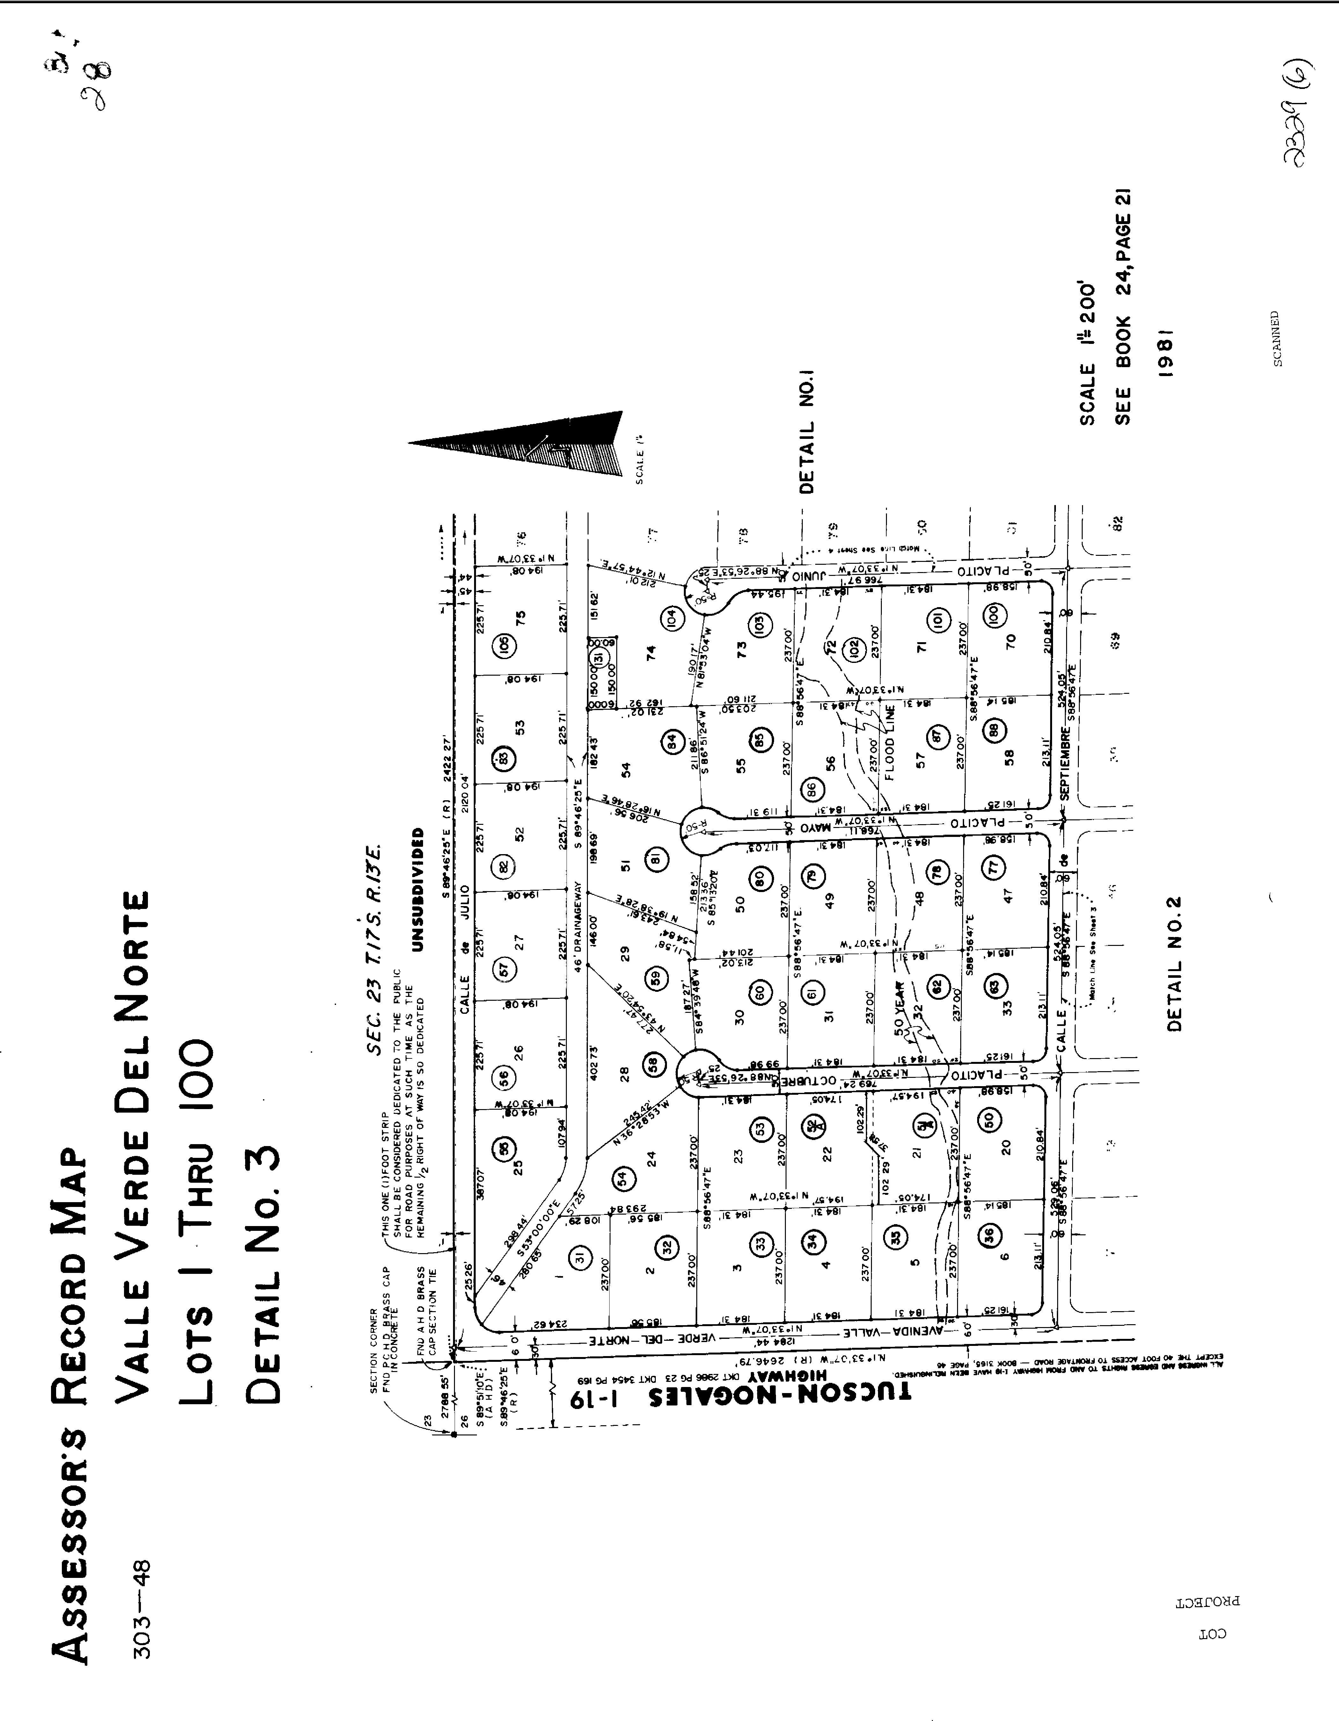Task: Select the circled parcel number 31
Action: (x=581, y=1259)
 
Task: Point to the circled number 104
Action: (x=672, y=617)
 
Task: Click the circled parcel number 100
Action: (x=992, y=613)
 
